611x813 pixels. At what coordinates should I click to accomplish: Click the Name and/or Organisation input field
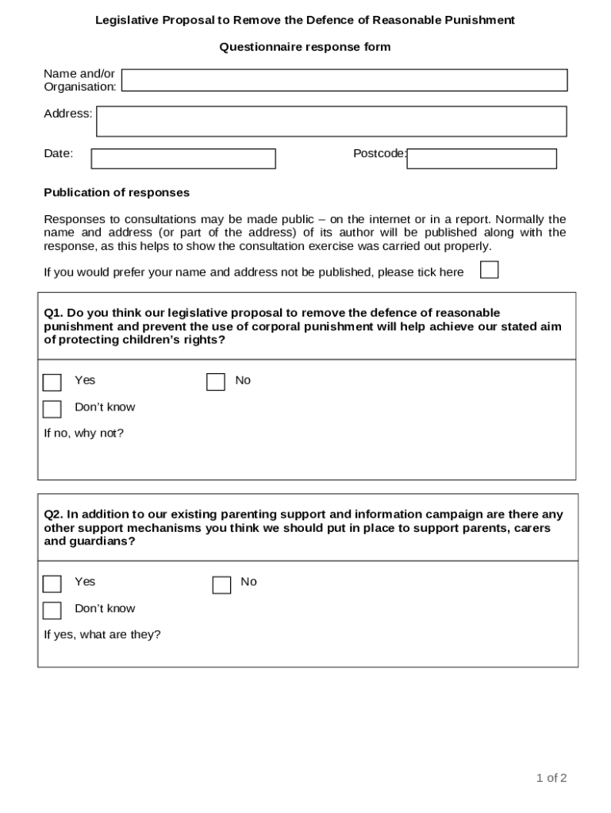tap(344, 80)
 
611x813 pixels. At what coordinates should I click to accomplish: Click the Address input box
tap(331, 121)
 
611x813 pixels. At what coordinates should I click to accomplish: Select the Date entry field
tap(183, 159)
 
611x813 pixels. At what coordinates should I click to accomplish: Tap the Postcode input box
tap(482, 159)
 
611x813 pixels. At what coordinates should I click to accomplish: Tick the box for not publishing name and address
tap(490, 270)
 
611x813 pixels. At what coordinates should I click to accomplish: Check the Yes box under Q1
tap(52, 383)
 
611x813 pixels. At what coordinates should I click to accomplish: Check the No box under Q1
tap(216, 383)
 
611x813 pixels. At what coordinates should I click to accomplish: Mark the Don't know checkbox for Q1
tap(52, 410)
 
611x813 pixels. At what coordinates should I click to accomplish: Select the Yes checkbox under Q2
tap(52, 584)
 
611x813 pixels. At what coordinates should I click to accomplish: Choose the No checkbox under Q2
tap(221, 585)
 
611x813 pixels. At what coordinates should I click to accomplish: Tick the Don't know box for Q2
tap(52, 611)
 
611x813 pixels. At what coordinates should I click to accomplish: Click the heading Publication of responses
tap(117, 193)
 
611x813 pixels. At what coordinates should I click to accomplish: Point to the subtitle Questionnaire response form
tap(305, 47)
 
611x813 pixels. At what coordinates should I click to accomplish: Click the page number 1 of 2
tap(551, 778)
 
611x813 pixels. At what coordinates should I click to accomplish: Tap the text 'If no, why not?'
tap(83, 433)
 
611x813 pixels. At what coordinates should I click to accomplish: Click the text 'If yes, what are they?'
tap(102, 635)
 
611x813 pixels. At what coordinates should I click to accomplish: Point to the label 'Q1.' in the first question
tap(53, 313)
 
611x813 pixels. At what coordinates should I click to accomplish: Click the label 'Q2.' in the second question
tap(53, 514)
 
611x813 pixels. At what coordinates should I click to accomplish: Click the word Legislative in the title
tap(127, 21)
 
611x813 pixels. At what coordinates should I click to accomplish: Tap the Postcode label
tap(379, 153)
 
